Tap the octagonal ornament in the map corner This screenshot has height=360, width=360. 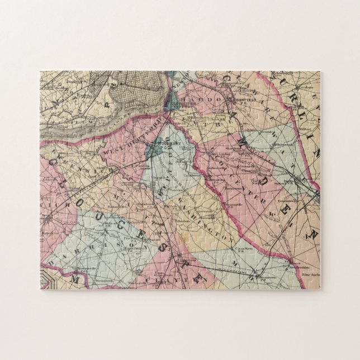47,278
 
